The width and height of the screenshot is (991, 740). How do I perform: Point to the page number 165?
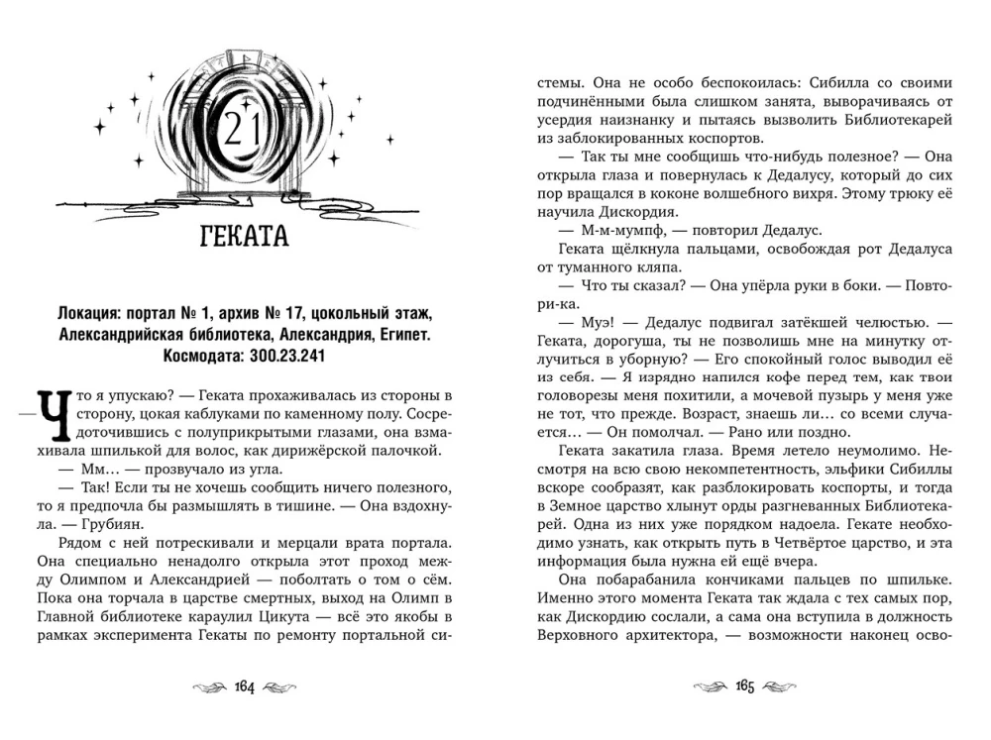click(746, 687)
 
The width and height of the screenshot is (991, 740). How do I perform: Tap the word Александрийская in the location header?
click(113, 335)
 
